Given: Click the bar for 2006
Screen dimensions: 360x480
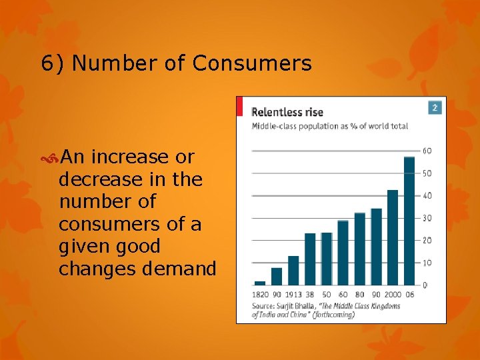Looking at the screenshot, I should tap(409, 221).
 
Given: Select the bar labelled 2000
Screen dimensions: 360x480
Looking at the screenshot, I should tap(393, 237).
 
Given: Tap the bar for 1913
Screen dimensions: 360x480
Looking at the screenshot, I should tap(293, 270).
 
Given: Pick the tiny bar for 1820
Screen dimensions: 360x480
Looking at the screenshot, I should tap(260, 283).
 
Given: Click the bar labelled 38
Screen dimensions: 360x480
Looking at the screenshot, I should tap(310, 259).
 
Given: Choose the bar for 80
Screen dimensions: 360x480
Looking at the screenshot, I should tap(360, 249).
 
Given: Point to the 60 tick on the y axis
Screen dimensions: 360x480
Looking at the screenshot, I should tap(427, 151).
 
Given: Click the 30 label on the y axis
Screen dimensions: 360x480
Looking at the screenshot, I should tap(427, 218).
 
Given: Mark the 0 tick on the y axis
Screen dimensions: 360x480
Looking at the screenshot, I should tap(425, 285).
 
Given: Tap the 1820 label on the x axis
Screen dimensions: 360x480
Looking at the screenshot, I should tap(260, 294).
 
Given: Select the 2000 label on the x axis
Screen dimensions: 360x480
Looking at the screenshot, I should tap(392, 294).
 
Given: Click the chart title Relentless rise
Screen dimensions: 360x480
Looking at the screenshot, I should tap(287, 112).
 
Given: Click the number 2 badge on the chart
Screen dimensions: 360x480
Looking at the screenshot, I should tap(435, 107).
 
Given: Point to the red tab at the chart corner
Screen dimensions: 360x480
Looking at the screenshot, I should tap(239, 106).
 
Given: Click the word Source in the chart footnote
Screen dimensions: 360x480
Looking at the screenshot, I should tap(263, 306).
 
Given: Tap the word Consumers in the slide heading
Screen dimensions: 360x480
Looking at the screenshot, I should tap(252, 63).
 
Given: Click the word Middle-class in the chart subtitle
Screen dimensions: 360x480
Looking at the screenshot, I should tap(273, 126).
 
